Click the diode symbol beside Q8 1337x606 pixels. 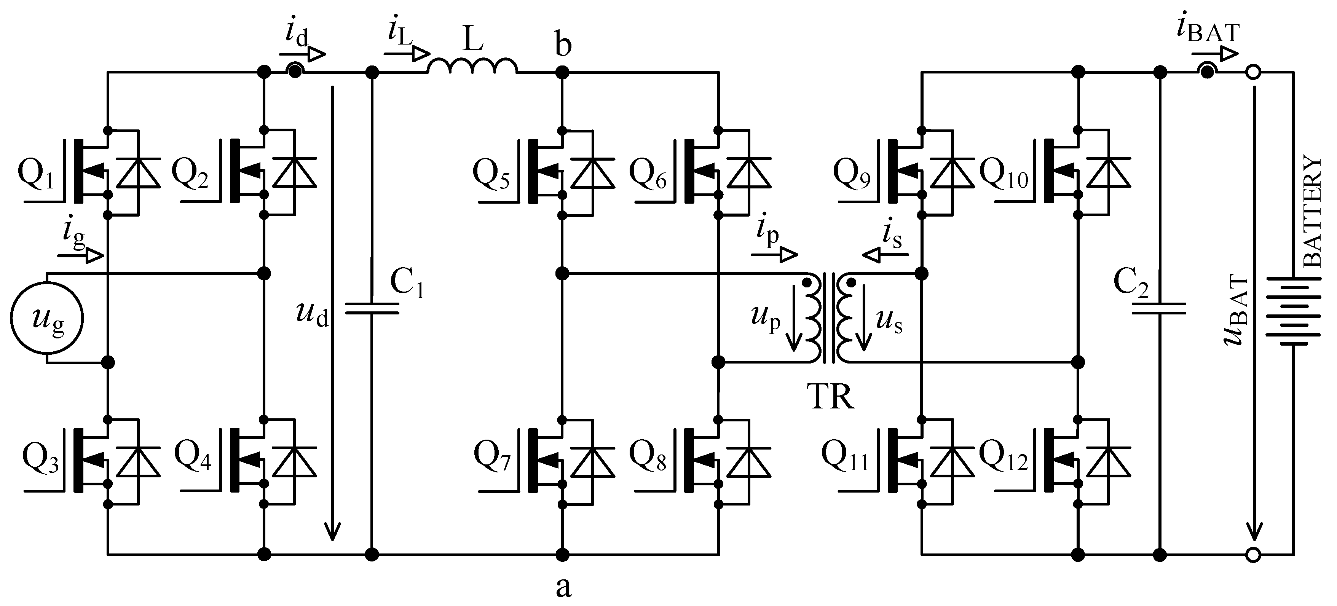(748, 462)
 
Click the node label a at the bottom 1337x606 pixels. (563, 587)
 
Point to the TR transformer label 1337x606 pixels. (830, 397)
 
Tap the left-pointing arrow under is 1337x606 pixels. (885, 255)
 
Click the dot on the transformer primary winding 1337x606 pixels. (807, 283)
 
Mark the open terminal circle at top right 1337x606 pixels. (1253, 73)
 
